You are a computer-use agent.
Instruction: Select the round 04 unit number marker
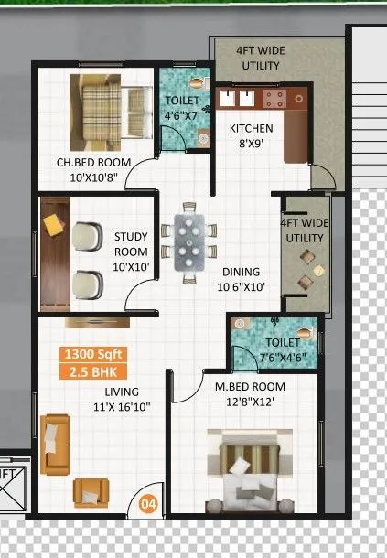click(147, 502)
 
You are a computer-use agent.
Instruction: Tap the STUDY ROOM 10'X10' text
click(131, 244)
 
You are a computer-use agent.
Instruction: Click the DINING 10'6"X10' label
click(241, 279)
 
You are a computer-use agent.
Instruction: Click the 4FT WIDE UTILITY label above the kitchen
click(260, 59)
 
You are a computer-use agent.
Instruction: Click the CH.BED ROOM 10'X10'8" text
click(92, 169)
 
